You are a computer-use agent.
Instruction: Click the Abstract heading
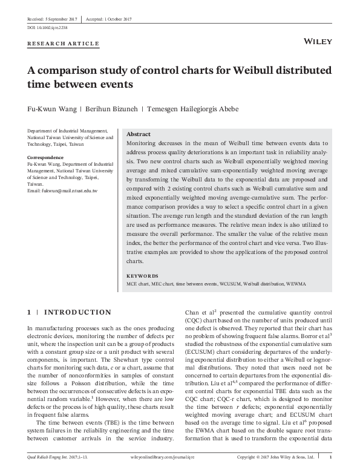pyautogui.click(x=139, y=134)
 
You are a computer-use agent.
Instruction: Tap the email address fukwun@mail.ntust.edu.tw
pyautogui.click(x=63, y=191)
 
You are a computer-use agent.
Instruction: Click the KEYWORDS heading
pyautogui.click(x=143, y=275)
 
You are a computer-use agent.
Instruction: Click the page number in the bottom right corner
pyautogui.click(x=330, y=457)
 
